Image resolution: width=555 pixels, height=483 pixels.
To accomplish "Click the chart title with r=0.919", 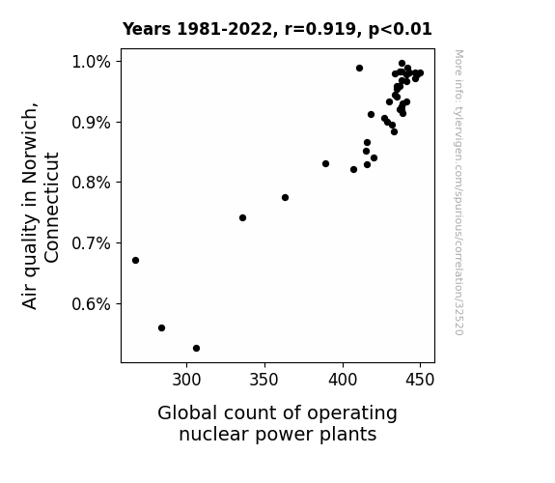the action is pos(277,29).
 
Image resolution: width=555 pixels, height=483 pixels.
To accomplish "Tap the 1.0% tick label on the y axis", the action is pos(91,62).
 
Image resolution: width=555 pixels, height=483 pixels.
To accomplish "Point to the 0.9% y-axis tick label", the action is pos(91,123).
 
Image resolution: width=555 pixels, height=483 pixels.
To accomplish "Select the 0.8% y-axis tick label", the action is pos(91,183).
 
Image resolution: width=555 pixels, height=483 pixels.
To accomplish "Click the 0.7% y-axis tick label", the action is pos(91,243).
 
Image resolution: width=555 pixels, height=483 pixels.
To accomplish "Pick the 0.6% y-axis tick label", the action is pos(91,304).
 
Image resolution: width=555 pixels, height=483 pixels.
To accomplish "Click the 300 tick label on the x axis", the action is pos(186,380).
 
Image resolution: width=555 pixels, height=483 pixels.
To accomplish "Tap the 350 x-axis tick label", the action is pos(264,380).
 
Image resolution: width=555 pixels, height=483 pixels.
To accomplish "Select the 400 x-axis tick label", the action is pos(343,380).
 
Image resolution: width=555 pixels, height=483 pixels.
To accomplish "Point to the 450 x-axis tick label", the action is pos(420,380).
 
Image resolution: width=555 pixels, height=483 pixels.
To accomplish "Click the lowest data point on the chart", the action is pos(197,349).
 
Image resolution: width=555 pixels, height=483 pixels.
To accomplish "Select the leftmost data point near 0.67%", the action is pos(135,261).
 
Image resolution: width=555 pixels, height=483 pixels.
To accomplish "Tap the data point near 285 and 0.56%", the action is pos(162,328).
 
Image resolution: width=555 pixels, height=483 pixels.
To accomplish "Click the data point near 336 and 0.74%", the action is pos(243,218).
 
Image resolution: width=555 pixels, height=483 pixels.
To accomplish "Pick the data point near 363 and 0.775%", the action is pos(286,198).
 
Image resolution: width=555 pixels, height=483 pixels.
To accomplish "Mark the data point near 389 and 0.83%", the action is pos(325,163).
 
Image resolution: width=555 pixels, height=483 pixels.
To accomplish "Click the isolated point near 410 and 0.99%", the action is pos(360,68).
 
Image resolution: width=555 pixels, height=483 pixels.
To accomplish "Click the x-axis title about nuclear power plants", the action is pos(278,424).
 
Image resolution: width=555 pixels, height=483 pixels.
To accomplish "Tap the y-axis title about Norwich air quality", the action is pos(40,206).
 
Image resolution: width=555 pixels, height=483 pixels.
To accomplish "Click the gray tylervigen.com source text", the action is pos(458,192).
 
